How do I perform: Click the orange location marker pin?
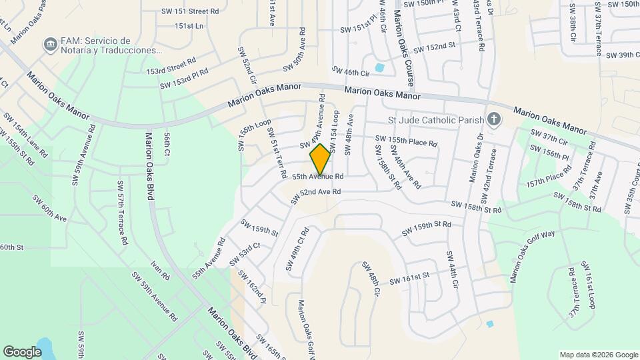pos(321,159)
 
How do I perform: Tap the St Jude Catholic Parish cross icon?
pos(493,119)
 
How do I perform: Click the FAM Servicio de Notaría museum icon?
pos(49,45)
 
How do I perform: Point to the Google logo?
pos(22,351)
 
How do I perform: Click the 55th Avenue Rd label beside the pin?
pos(318,177)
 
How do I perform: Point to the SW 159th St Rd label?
pos(426,228)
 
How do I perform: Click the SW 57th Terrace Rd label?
pos(122,211)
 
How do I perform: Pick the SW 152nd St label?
pos(433,48)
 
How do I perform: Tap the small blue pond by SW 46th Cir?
pos(379,67)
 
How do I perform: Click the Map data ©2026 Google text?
pos(597,355)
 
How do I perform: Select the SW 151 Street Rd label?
pos(190,11)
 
